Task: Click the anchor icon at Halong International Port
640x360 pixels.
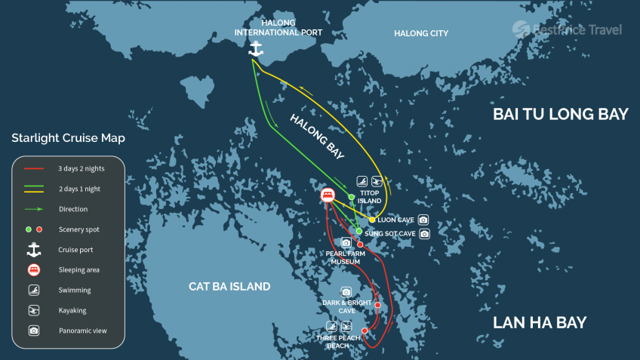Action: tap(255, 48)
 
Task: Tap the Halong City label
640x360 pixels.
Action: tap(421, 33)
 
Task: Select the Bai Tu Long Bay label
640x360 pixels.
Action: tap(560, 114)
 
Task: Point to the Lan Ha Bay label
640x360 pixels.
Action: tap(539, 323)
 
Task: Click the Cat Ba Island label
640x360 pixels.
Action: tap(229, 287)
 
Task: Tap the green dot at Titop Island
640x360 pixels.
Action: tap(352, 197)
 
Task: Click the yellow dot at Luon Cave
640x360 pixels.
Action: tap(372, 220)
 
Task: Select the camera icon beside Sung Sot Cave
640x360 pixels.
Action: tap(424, 234)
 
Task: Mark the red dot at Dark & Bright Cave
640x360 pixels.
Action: tap(377, 306)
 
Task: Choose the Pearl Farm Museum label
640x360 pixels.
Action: tap(345, 257)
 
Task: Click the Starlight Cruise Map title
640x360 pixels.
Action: tap(68, 138)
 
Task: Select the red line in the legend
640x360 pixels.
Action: tap(35, 169)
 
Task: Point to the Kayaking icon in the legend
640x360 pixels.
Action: tap(34, 310)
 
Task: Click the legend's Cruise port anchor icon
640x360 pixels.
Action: tap(34, 249)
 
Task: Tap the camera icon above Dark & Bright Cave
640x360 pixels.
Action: tap(346, 291)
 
